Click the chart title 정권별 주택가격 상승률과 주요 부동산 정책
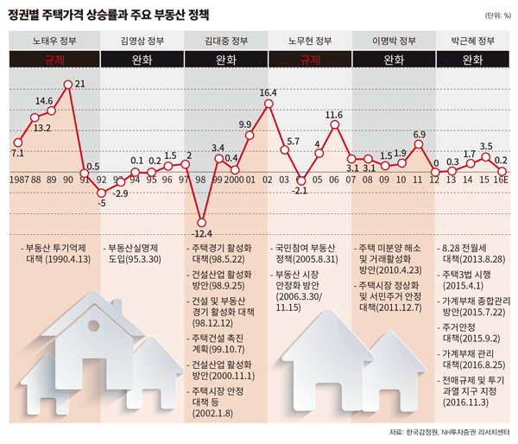point(112,13)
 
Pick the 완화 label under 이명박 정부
point(395,60)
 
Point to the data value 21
point(79,84)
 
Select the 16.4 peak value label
point(268,92)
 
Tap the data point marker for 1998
point(202,221)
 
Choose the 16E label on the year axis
point(501,180)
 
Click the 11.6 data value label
point(334,114)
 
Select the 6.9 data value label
point(420,134)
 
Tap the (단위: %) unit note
point(493,15)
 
